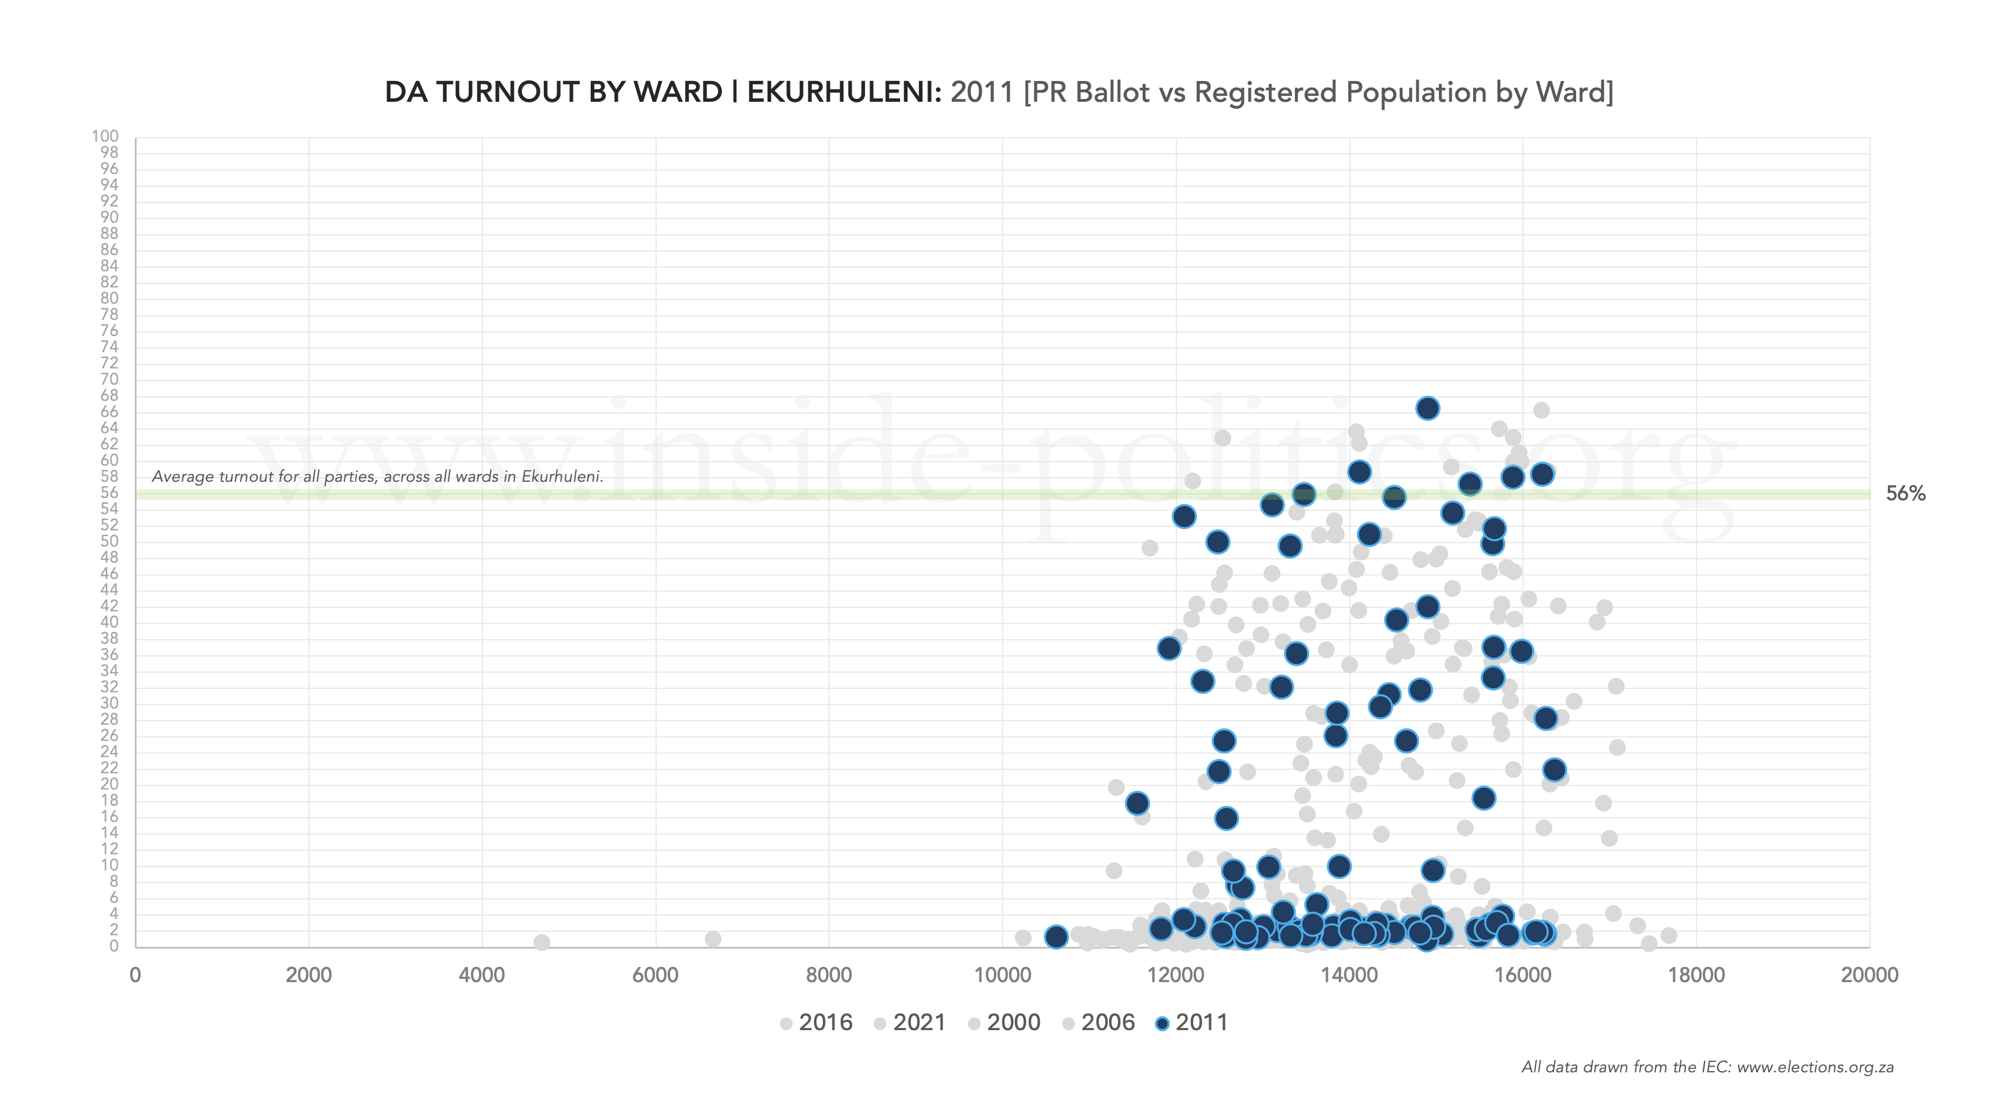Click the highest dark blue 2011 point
click(1427, 408)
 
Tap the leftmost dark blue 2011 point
click(1055, 936)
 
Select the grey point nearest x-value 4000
click(542, 942)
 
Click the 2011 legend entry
click(1191, 1023)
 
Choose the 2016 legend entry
click(816, 1023)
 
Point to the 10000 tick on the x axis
click(1002, 975)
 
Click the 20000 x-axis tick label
click(1869, 975)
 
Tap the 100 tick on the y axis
click(105, 137)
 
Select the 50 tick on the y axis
click(109, 541)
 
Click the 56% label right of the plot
click(1905, 493)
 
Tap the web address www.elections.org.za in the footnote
click(1815, 1067)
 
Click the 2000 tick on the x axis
click(308, 975)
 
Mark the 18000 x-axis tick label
click(1696, 975)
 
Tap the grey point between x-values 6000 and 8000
click(712, 939)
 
